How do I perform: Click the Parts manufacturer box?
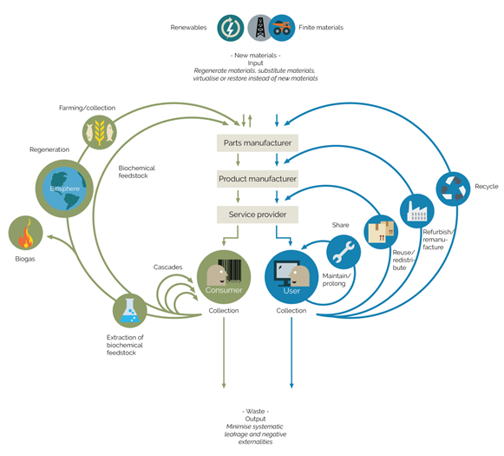258,143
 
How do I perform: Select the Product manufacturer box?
258,179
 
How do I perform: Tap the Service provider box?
258,215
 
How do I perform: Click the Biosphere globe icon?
64,188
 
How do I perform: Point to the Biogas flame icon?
25,233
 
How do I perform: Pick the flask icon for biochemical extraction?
130,311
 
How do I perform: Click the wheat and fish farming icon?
100,132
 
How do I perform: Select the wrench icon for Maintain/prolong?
344,252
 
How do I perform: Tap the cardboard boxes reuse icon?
381,232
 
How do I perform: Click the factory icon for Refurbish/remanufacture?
417,211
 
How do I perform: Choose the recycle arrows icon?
453,188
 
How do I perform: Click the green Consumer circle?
224,277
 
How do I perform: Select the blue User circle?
291,277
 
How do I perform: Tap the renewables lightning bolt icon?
230,28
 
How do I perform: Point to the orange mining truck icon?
282,28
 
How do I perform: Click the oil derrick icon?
260,28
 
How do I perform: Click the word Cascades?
167,268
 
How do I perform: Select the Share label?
340,225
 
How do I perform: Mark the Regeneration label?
49,149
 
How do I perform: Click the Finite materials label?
321,28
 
